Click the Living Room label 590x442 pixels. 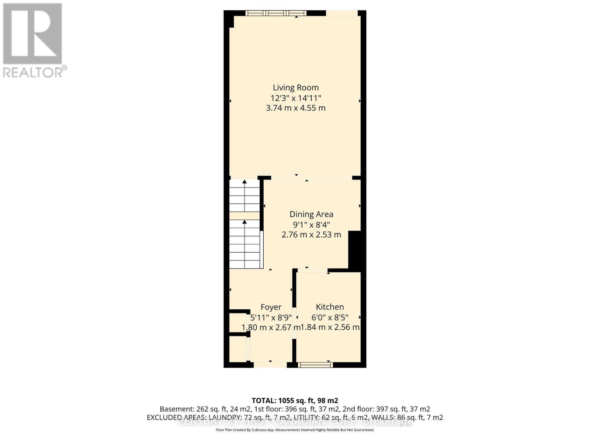pyautogui.click(x=295, y=88)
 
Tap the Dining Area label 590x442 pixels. pyautogui.click(x=311, y=214)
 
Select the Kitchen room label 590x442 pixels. pyautogui.click(x=330, y=307)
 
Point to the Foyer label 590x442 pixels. pyautogui.click(x=271, y=307)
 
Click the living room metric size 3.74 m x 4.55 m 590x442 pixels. pyautogui.click(x=295, y=108)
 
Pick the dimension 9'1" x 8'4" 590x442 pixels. pyautogui.click(x=311, y=225)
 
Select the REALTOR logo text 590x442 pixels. pyautogui.click(x=35, y=72)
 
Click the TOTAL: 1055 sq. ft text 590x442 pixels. pyautogui.click(x=295, y=400)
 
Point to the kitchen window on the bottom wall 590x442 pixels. pyautogui.click(x=315, y=365)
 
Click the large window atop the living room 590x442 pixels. pyautogui.click(x=276, y=13)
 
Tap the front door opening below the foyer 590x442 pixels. pyautogui.click(x=270, y=365)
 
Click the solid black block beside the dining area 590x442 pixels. pyautogui.click(x=354, y=250)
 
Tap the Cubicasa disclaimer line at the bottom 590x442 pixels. pyautogui.click(x=295, y=430)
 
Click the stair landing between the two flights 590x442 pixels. pyautogui.click(x=244, y=216)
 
